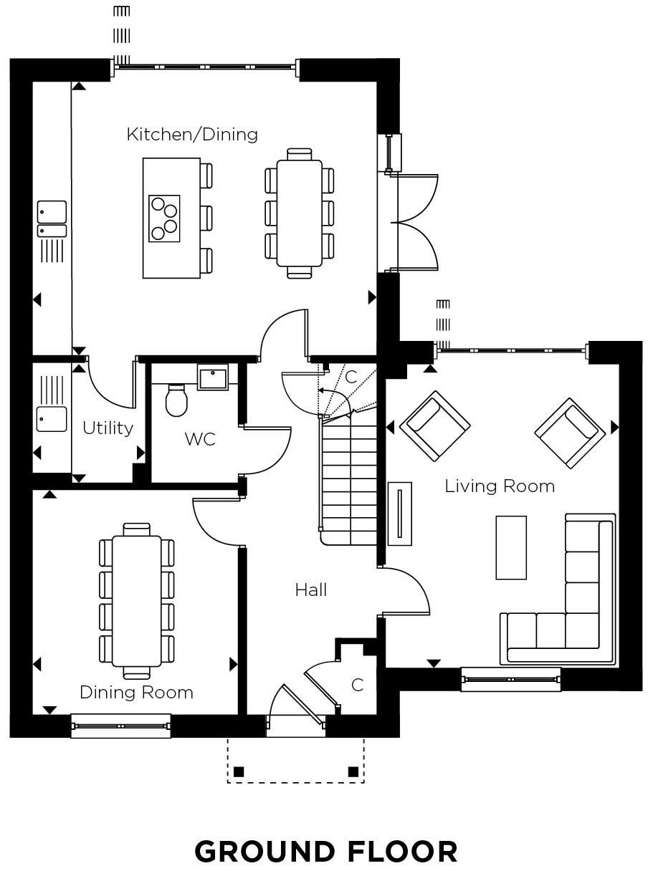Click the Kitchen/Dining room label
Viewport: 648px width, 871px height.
[192, 135]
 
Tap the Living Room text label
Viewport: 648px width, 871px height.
[500, 486]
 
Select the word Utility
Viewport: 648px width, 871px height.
[108, 428]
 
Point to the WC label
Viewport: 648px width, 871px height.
[200, 439]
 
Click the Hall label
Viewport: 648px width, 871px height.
[311, 590]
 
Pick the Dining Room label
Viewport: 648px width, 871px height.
[136, 693]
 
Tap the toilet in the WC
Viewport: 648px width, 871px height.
[176, 400]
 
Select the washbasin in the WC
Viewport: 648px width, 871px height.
[213, 377]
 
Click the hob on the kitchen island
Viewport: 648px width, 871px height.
[164, 218]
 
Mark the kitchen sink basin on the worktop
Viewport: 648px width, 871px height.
[52, 213]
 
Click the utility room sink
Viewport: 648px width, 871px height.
[52, 419]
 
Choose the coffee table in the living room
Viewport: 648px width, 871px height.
[511, 547]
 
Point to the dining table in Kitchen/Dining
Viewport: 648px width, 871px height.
[300, 213]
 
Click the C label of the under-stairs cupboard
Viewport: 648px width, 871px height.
[351, 377]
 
